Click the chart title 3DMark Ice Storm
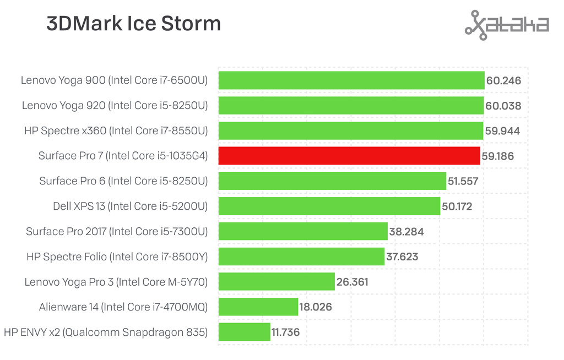click(134, 24)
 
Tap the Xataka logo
click(507, 25)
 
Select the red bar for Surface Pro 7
click(349, 156)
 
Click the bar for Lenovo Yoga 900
click(351, 80)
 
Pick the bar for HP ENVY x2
click(245, 332)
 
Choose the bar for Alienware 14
click(258, 307)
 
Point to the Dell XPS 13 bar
click(329, 206)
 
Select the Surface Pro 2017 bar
click(303, 231)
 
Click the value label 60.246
click(503, 81)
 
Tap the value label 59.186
click(497, 156)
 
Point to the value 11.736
click(289, 332)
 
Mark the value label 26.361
click(352, 282)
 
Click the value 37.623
click(402, 257)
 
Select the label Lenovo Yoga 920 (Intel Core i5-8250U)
click(115, 106)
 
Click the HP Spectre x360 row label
click(116, 131)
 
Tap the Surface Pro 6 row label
click(123, 181)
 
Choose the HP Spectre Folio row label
click(117, 257)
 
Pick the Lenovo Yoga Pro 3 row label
click(116, 282)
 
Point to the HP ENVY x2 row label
click(106, 332)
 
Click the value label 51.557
click(463, 181)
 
